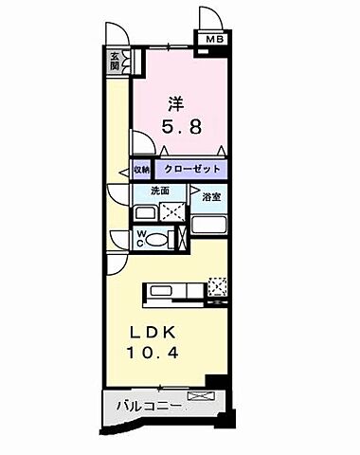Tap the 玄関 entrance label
pyautogui.click(x=115, y=62)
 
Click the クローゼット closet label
pyautogui.click(x=192, y=170)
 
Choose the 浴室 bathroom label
pyautogui.click(x=211, y=197)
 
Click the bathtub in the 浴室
pyautogui.click(x=209, y=227)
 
